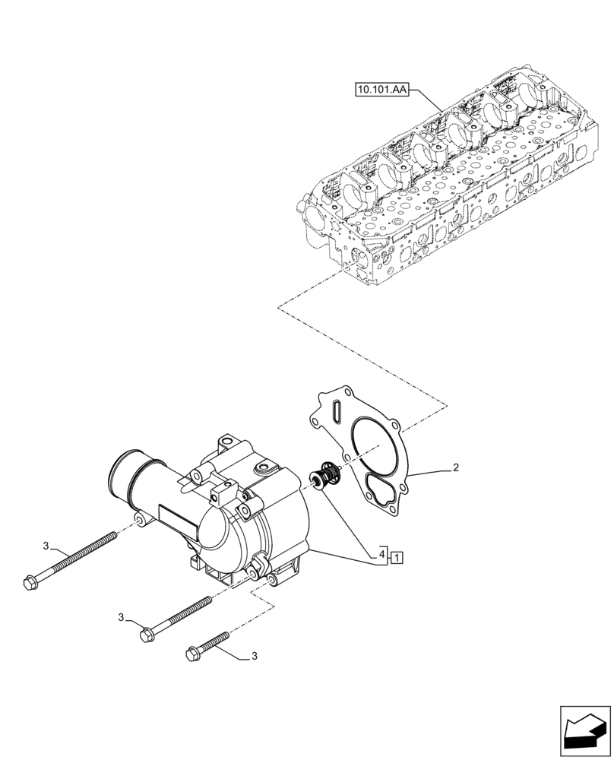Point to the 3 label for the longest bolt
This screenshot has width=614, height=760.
46,546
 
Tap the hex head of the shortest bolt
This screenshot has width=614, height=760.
191,652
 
